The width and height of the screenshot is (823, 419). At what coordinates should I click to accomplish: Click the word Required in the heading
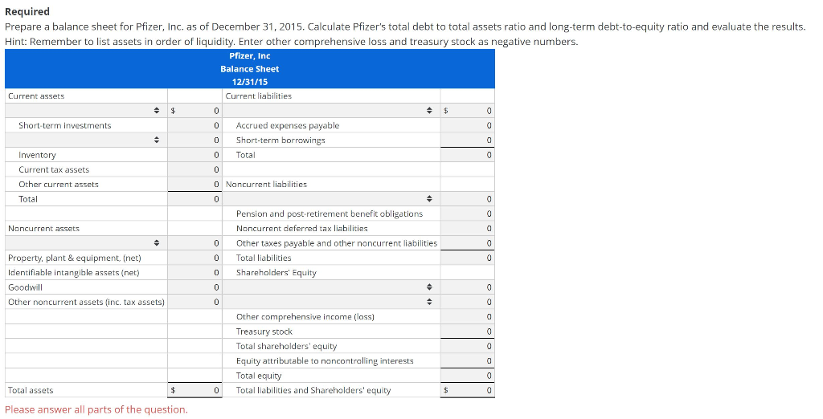click(x=27, y=11)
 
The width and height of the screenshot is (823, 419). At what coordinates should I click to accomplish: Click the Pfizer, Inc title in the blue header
click(x=249, y=55)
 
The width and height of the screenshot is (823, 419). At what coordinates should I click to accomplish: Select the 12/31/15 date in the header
click(x=249, y=82)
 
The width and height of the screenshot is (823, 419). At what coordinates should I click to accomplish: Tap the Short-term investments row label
click(x=64, y=125)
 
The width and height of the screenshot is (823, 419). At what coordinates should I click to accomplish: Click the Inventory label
click(x=37, y=155)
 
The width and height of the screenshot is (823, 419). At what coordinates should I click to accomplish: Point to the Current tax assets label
click(x=54, y=169)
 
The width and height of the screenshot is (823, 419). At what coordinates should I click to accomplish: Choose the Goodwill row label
click(x=25, y=287)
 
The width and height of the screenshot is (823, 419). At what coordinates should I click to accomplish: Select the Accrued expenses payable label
click(x=287, y=125)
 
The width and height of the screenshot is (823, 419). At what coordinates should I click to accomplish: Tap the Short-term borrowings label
click(x=280, y=140)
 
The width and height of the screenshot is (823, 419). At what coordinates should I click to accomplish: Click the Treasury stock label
click(x=264, y=332)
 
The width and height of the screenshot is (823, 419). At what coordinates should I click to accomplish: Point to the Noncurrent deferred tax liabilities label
click(x=301, y=228)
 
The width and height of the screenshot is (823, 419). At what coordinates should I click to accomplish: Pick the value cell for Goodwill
click(x=195, y=287)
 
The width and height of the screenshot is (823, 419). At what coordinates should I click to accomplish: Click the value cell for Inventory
click(x=195, y=155)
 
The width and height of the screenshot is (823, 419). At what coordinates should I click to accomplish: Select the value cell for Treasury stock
click(x=469, y=332)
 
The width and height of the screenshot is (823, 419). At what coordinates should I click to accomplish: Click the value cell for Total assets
click(x=195, y=390)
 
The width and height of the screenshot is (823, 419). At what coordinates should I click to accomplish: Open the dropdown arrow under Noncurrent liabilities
click(x=429, y=198)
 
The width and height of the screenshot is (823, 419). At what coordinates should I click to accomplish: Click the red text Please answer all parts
click(x=96, y=409)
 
